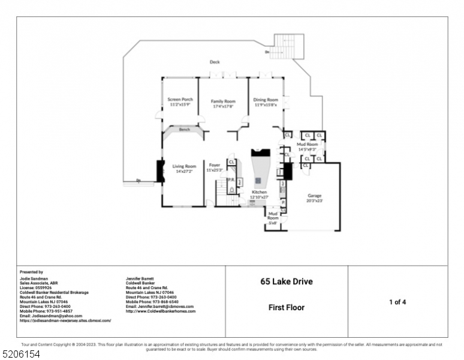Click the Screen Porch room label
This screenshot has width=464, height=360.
tap(179, 99)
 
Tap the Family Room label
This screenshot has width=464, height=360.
tap(223, 101)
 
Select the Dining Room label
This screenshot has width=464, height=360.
tap(266, 100)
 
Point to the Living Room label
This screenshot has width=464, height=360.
tap(184, 166)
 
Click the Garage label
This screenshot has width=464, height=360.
tap(314, 196)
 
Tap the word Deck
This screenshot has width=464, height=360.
tap(215, 62)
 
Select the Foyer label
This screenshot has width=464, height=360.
tap(215, 165)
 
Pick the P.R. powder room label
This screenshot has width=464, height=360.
tap(230, 179)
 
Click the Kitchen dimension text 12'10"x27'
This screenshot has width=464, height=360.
tap(259, 197)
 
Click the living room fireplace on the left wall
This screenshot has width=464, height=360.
tap(160, 170)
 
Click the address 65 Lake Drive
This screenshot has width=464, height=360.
tap(286, 281)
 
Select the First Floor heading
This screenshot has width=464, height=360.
tap(286, 308)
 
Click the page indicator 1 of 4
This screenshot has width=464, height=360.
tap(397, 302)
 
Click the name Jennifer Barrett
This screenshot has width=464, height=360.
tap(140, 278)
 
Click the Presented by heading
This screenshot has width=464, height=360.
tap(32, 272)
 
